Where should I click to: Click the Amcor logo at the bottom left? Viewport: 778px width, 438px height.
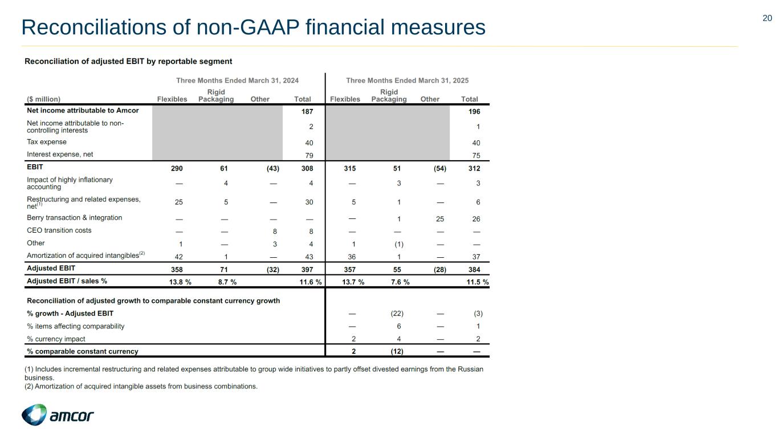point(58,415)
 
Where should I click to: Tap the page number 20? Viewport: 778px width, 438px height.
point(767,18)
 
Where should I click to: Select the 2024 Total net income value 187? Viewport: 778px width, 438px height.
point(308,111)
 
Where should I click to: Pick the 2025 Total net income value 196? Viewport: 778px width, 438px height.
point(474,111)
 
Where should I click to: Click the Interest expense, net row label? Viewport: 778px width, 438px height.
point(60,155)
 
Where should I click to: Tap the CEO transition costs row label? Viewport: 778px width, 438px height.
point(59,230)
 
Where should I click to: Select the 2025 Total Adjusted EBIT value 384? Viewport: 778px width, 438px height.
point(474,268)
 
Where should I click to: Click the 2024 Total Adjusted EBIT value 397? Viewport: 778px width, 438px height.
point(307,268)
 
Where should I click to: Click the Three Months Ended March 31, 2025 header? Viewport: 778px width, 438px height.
point(408,81)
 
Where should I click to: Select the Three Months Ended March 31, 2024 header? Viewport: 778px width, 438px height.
point(237,81)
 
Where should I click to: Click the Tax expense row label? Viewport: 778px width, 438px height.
point(47,142)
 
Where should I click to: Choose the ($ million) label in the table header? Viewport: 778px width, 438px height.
point(44,99)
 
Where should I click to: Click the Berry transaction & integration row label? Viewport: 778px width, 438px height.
point(75,218)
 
